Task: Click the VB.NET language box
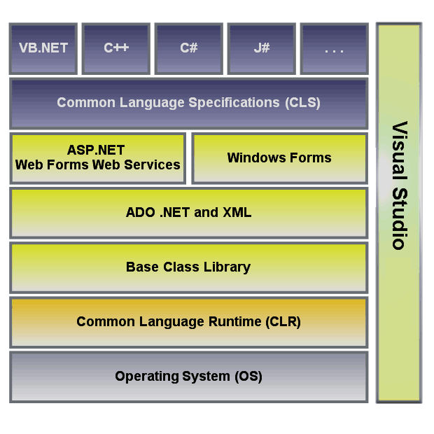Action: point(43,49)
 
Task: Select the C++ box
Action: point(116,49)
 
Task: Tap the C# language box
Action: point(189,49)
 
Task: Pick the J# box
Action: point(262,49)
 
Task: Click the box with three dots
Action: point(335,49)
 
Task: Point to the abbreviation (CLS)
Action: point(303,103)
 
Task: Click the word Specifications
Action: point(234,103)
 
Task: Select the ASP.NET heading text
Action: point(96,150)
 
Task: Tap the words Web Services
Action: point(136,164)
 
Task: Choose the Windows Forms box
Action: point(279,158)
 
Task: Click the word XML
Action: point(237,213)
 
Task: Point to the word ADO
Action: point(140,213)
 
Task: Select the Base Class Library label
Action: point(188,267)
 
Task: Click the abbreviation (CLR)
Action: point(283,321)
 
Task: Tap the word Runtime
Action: point(234,321)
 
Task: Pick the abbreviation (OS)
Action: point(248,377)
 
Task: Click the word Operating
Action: point(147,377)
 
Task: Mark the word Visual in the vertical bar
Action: point(400,150)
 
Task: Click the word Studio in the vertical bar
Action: point(400,219)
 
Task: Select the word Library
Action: point(227,267)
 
